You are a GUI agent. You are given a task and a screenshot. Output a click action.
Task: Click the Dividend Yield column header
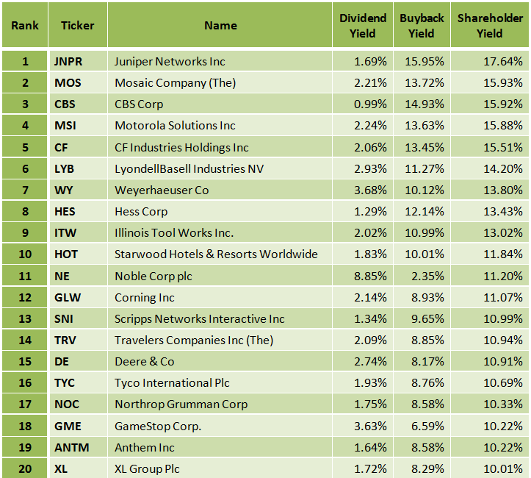[x=363, y=26]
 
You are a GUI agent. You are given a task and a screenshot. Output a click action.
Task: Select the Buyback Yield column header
[x=422, y=26]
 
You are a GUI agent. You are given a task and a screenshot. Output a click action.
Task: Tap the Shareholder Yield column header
[x=489, y=26]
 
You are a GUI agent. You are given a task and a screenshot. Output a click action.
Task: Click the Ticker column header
[x=77, y=26]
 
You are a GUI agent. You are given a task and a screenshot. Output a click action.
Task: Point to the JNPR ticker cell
[x=68, y=62]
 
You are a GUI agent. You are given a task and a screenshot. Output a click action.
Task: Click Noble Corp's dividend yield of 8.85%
[x=370, y=277]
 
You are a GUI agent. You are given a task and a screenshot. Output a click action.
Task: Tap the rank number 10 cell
[x=24, y=254]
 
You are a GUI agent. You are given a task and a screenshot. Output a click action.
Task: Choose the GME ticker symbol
[x=68, y=426]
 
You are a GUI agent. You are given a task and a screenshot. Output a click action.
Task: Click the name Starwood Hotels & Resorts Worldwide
[x=216, y=254]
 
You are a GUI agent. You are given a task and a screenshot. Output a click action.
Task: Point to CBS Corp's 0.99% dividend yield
[x=370, y=104]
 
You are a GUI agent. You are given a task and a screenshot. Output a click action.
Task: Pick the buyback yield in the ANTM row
[x=429, y=447]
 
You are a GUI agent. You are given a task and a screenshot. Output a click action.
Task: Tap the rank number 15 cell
[x=24, y=362]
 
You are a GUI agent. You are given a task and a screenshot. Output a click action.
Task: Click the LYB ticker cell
[x=65, y=169]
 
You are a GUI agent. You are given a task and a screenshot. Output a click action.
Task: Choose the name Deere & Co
[x=144, y=362]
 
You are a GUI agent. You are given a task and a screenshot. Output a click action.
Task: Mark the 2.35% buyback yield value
[x=429, y=277]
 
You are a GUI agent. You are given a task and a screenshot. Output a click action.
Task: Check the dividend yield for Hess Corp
[x=370, y=212]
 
